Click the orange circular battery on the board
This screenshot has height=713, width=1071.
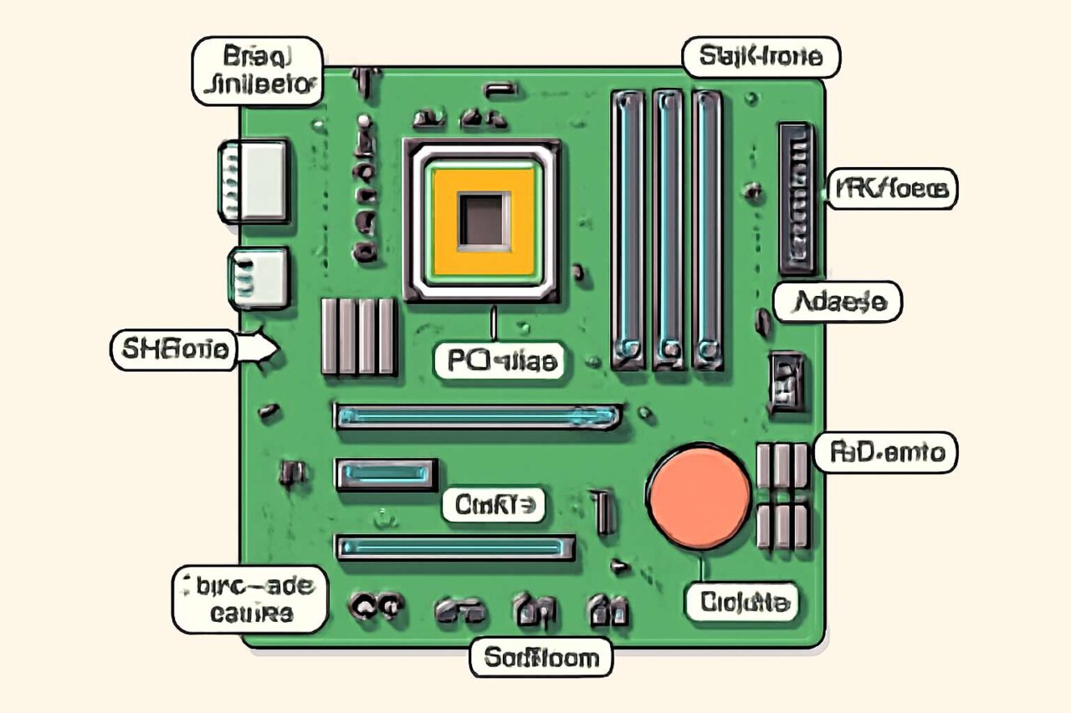coord(699,498)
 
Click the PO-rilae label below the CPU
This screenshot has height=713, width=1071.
coord(499,360)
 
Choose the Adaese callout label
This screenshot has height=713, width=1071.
coord(836,302)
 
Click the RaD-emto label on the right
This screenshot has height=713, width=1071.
coord(885,453)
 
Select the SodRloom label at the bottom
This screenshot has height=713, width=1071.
coord(540,657)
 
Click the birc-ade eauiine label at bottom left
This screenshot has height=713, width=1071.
coord(249,599)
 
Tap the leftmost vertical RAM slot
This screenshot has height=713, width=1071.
coord(628,229)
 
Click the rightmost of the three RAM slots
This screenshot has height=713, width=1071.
coord(708,229)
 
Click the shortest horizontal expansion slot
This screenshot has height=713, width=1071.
coord(387,474)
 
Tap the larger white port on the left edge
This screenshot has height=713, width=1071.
coord(254,181)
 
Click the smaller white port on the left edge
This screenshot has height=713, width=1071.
coord(259,278)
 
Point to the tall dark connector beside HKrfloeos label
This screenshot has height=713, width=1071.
coord(796,198)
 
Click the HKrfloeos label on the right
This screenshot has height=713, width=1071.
coord(892,190)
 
